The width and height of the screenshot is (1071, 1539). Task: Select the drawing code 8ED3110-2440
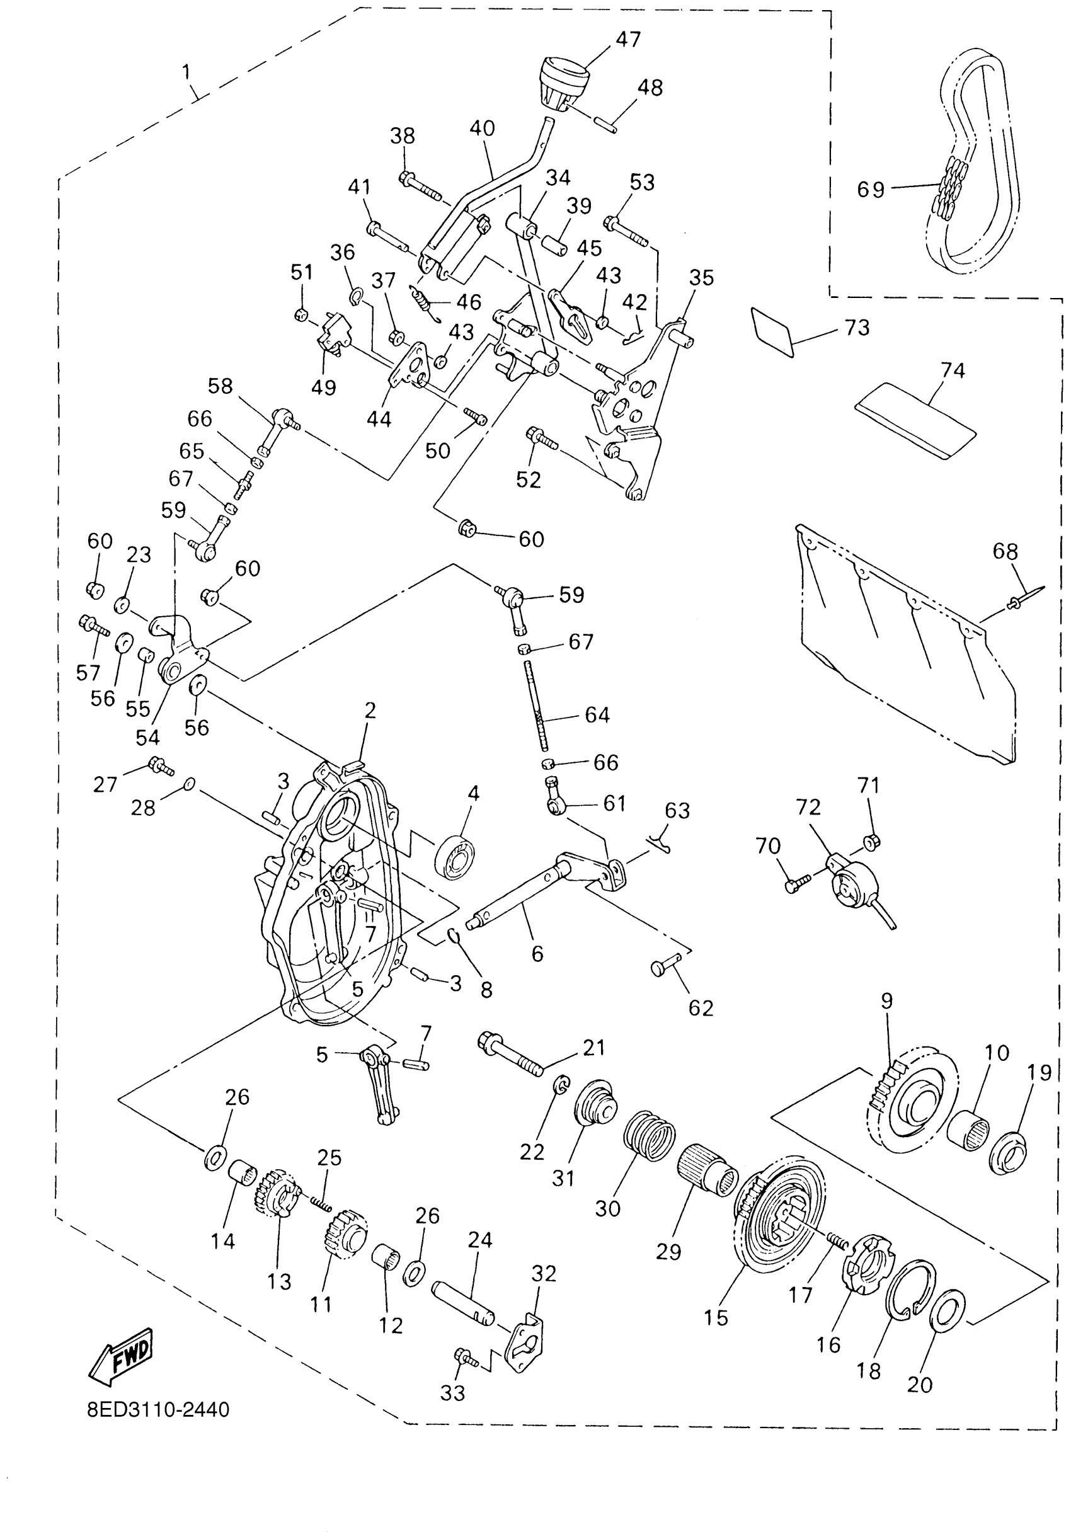(158, 1410)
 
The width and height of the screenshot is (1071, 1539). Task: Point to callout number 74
(953, 370)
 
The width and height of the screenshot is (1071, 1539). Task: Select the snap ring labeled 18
(909, 1291)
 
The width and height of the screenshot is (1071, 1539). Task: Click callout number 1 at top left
(186, 72)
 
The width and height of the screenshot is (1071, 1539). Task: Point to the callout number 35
(701, 278)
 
